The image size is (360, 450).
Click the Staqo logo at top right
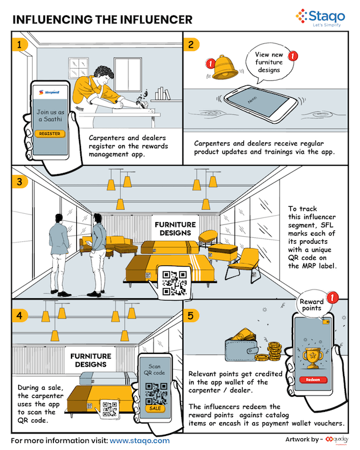317,18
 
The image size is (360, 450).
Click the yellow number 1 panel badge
20,44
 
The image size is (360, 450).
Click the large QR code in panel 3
174,282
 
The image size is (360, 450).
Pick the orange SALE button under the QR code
155,408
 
